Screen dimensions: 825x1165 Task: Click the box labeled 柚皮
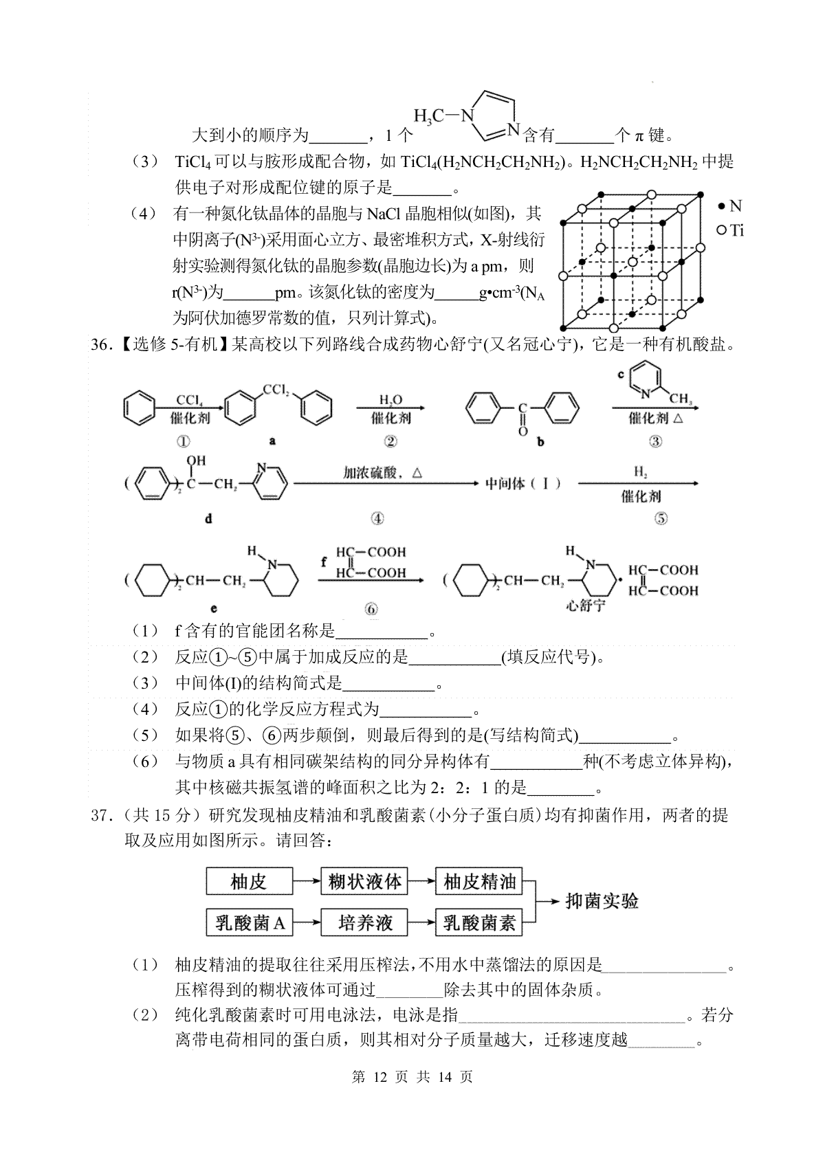tap(249, 881)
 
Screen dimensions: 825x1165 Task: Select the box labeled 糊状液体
tap(364, 881)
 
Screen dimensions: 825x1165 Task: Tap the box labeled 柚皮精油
tap(479, 881)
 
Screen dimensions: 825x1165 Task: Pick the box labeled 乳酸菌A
tap(249, 922)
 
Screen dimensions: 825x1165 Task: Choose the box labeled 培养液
tap(364, 922)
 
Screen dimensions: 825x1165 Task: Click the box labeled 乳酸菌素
tap(479, 922)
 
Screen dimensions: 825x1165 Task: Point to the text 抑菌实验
tap(602, 901)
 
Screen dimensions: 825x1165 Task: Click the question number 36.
tap(101, 344)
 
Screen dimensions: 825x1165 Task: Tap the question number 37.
tap(101, 815)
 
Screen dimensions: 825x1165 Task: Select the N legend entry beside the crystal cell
tap(730, 206)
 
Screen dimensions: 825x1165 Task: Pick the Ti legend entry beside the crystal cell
tap(730, 230)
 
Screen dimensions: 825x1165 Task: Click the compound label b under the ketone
tap(540, 442)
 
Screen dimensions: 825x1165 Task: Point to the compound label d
tap(208, 518)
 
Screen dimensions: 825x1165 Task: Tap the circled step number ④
tap(377, 518)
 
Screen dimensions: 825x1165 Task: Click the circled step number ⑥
tap(371, 609)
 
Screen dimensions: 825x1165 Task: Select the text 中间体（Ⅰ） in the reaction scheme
tap(523, 484)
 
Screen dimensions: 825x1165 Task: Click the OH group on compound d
tap(196, 461)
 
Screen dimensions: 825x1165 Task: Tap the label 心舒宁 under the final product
tap(586, 606)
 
